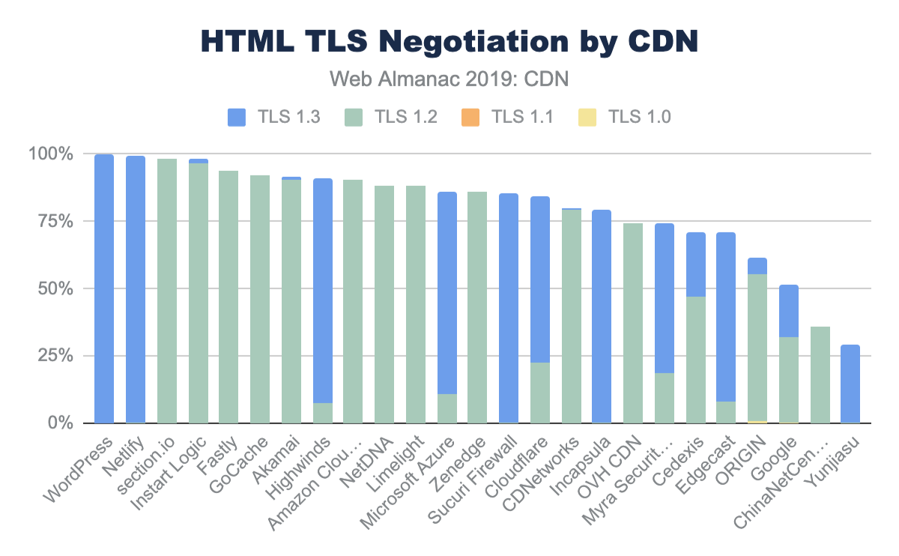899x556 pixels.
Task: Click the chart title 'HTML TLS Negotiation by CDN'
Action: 449,42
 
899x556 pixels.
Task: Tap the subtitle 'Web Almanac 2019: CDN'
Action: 449,78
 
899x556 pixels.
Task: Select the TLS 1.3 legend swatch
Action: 237,116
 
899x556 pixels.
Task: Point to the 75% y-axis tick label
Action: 52,221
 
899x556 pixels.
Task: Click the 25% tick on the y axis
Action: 52,356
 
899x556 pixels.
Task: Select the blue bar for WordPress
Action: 104,288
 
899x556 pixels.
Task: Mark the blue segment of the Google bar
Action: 788,311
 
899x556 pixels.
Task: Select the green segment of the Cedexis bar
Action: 695,360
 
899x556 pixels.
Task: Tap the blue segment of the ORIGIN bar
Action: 757,266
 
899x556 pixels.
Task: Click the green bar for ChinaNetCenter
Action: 820,375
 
